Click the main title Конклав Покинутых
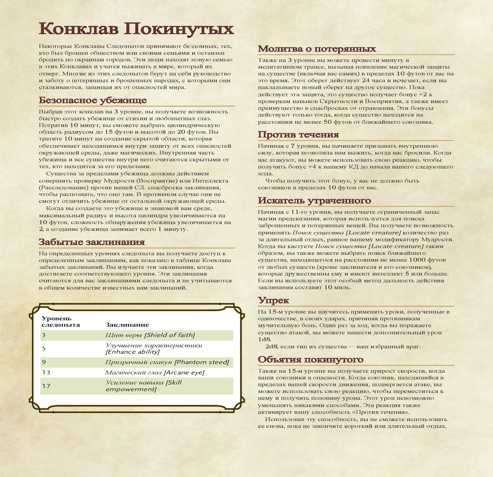(136, 29)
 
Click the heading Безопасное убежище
(93, 100)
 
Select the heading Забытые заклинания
(91, 242)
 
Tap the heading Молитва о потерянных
(317, 49)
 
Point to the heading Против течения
(298, 135)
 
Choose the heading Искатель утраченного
(314, 201)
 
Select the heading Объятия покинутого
(310, 360)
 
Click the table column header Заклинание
(127, 325)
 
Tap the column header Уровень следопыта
(61, 322)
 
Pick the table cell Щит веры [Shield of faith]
(150, 335)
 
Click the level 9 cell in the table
(44, 362)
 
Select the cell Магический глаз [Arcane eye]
(155, 372)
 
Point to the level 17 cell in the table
(46, 386)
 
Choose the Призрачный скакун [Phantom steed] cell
(167, 362)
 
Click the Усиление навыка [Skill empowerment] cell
(143, 386)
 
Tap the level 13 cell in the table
(46, 372)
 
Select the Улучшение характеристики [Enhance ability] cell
(154, 349)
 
